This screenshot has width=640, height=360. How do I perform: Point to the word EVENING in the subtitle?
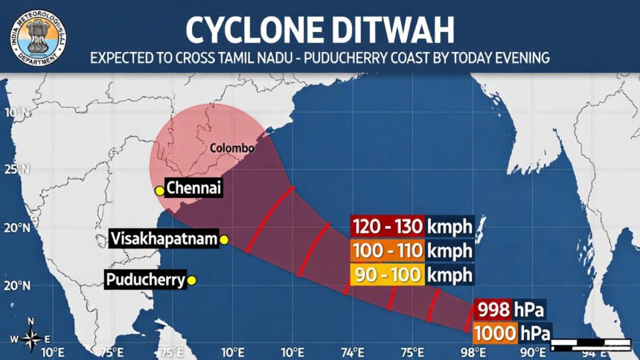tap(518, 57)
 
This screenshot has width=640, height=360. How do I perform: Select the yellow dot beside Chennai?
tap(159, 191)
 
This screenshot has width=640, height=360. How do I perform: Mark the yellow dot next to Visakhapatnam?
tap(224, 239)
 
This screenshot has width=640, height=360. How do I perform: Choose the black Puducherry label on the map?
tap(144, 280)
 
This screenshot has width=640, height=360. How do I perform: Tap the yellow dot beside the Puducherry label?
tap(191, 280)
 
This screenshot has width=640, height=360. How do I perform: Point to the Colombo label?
tap(231, 148)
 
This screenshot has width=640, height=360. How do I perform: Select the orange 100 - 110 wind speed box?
tap(387, 251)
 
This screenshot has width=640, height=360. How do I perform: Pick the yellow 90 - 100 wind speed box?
tap(387, 274)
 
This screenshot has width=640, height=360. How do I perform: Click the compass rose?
tap(31, 338)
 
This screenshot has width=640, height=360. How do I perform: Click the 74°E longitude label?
tap(352, 351)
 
